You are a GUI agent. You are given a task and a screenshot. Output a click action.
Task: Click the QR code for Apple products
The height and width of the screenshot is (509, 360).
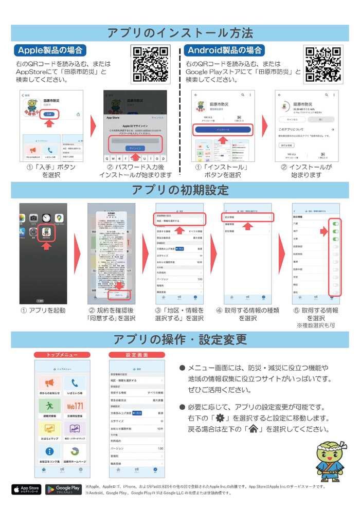(150, 64)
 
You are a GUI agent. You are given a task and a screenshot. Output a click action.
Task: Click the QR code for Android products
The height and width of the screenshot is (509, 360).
(323, 64)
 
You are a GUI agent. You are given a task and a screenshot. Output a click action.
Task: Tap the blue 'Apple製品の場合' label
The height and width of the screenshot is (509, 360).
(50, 50)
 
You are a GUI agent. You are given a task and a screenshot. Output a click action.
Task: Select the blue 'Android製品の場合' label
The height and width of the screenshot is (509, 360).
(225, 50)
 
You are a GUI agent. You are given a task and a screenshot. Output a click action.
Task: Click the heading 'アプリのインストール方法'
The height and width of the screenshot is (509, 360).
(180, 33)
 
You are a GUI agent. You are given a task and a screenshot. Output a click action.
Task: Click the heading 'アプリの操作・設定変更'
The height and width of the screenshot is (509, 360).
(180, 340)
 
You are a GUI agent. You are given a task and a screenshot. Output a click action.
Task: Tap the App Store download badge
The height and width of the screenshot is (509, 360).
(26, 489)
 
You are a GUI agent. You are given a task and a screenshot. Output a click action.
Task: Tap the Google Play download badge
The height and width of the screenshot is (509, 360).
(64, 489)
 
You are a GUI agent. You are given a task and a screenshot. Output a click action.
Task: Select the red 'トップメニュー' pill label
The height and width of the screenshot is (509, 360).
(62, 355)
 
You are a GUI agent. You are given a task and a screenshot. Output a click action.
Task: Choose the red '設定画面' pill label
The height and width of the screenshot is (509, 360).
(137, 355)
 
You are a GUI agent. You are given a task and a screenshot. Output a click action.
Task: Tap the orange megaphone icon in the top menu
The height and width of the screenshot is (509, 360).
(50, 383)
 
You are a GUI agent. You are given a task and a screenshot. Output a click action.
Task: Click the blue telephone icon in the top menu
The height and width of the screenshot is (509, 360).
(75, 383)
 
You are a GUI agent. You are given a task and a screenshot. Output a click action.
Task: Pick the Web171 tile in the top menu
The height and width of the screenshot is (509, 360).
(75, 406)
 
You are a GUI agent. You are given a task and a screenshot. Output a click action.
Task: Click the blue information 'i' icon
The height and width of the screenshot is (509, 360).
(50, 452)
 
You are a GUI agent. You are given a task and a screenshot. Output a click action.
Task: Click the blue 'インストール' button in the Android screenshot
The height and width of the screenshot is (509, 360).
(223, 130)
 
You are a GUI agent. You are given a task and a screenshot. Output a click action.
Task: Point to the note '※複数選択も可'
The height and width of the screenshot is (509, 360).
(315, 325)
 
